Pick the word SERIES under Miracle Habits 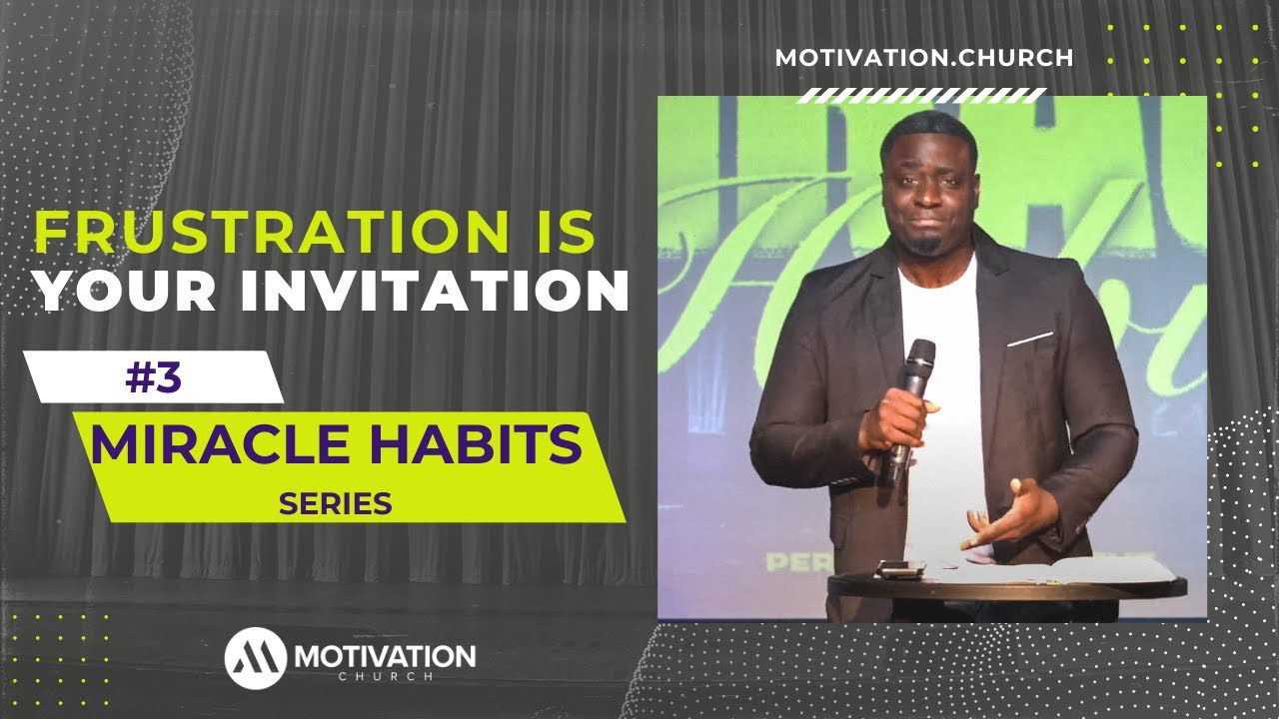point(335,504)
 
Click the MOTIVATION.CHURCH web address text point(924,58)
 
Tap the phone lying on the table point(898,570)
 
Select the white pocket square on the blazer point(1029,340)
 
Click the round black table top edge point(999,589)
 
